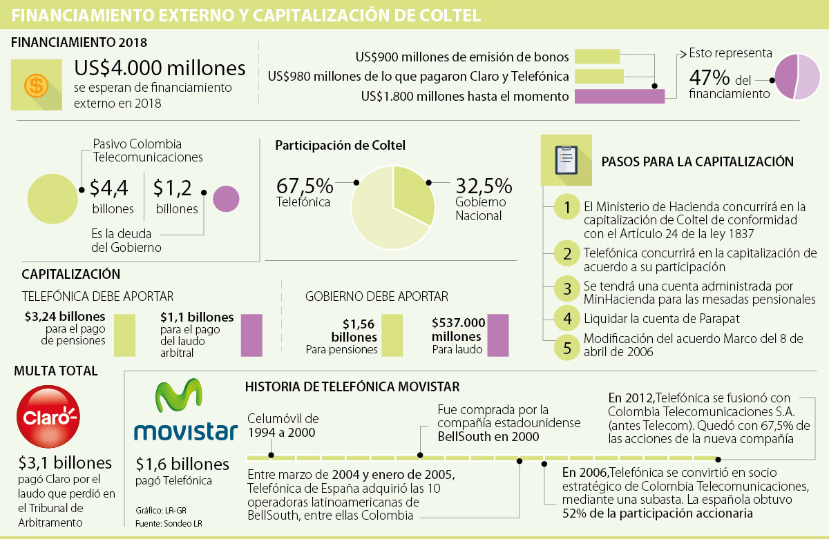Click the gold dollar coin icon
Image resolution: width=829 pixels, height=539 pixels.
[35, 86]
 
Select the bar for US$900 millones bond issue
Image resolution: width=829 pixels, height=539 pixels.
[598, 57]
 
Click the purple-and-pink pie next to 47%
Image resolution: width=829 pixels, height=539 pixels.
[797, 77]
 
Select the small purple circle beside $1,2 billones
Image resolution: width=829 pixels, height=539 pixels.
[226, 199]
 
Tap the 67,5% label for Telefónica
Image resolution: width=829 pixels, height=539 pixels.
[305, 186]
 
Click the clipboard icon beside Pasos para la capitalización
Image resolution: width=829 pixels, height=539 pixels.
[566, 161]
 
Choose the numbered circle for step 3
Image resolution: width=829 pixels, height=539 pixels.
[567, 289]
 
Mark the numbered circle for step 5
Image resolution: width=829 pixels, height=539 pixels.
[567, 346]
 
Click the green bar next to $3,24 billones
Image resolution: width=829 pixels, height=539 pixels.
[124, 335]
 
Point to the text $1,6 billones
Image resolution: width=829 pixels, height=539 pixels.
[182, 464]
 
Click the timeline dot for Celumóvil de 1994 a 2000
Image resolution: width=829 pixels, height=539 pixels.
[271, 455]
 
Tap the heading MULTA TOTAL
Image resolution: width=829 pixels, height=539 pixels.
[56, 371]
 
